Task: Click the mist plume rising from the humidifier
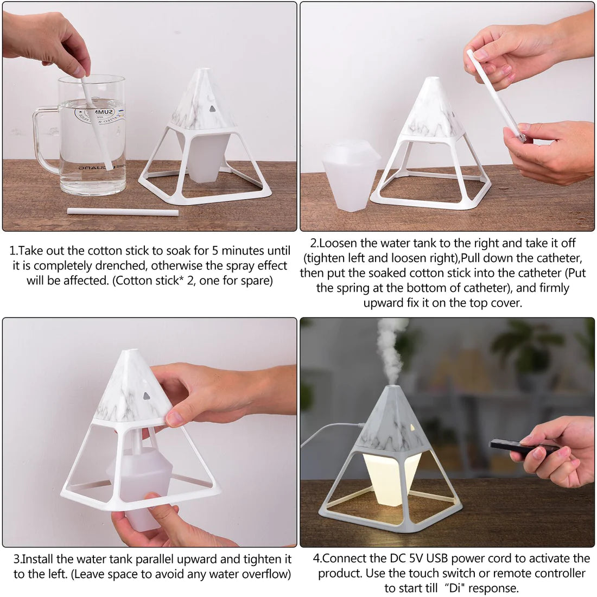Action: [x=390, y=347]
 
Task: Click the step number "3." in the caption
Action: [x=17, y=559]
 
